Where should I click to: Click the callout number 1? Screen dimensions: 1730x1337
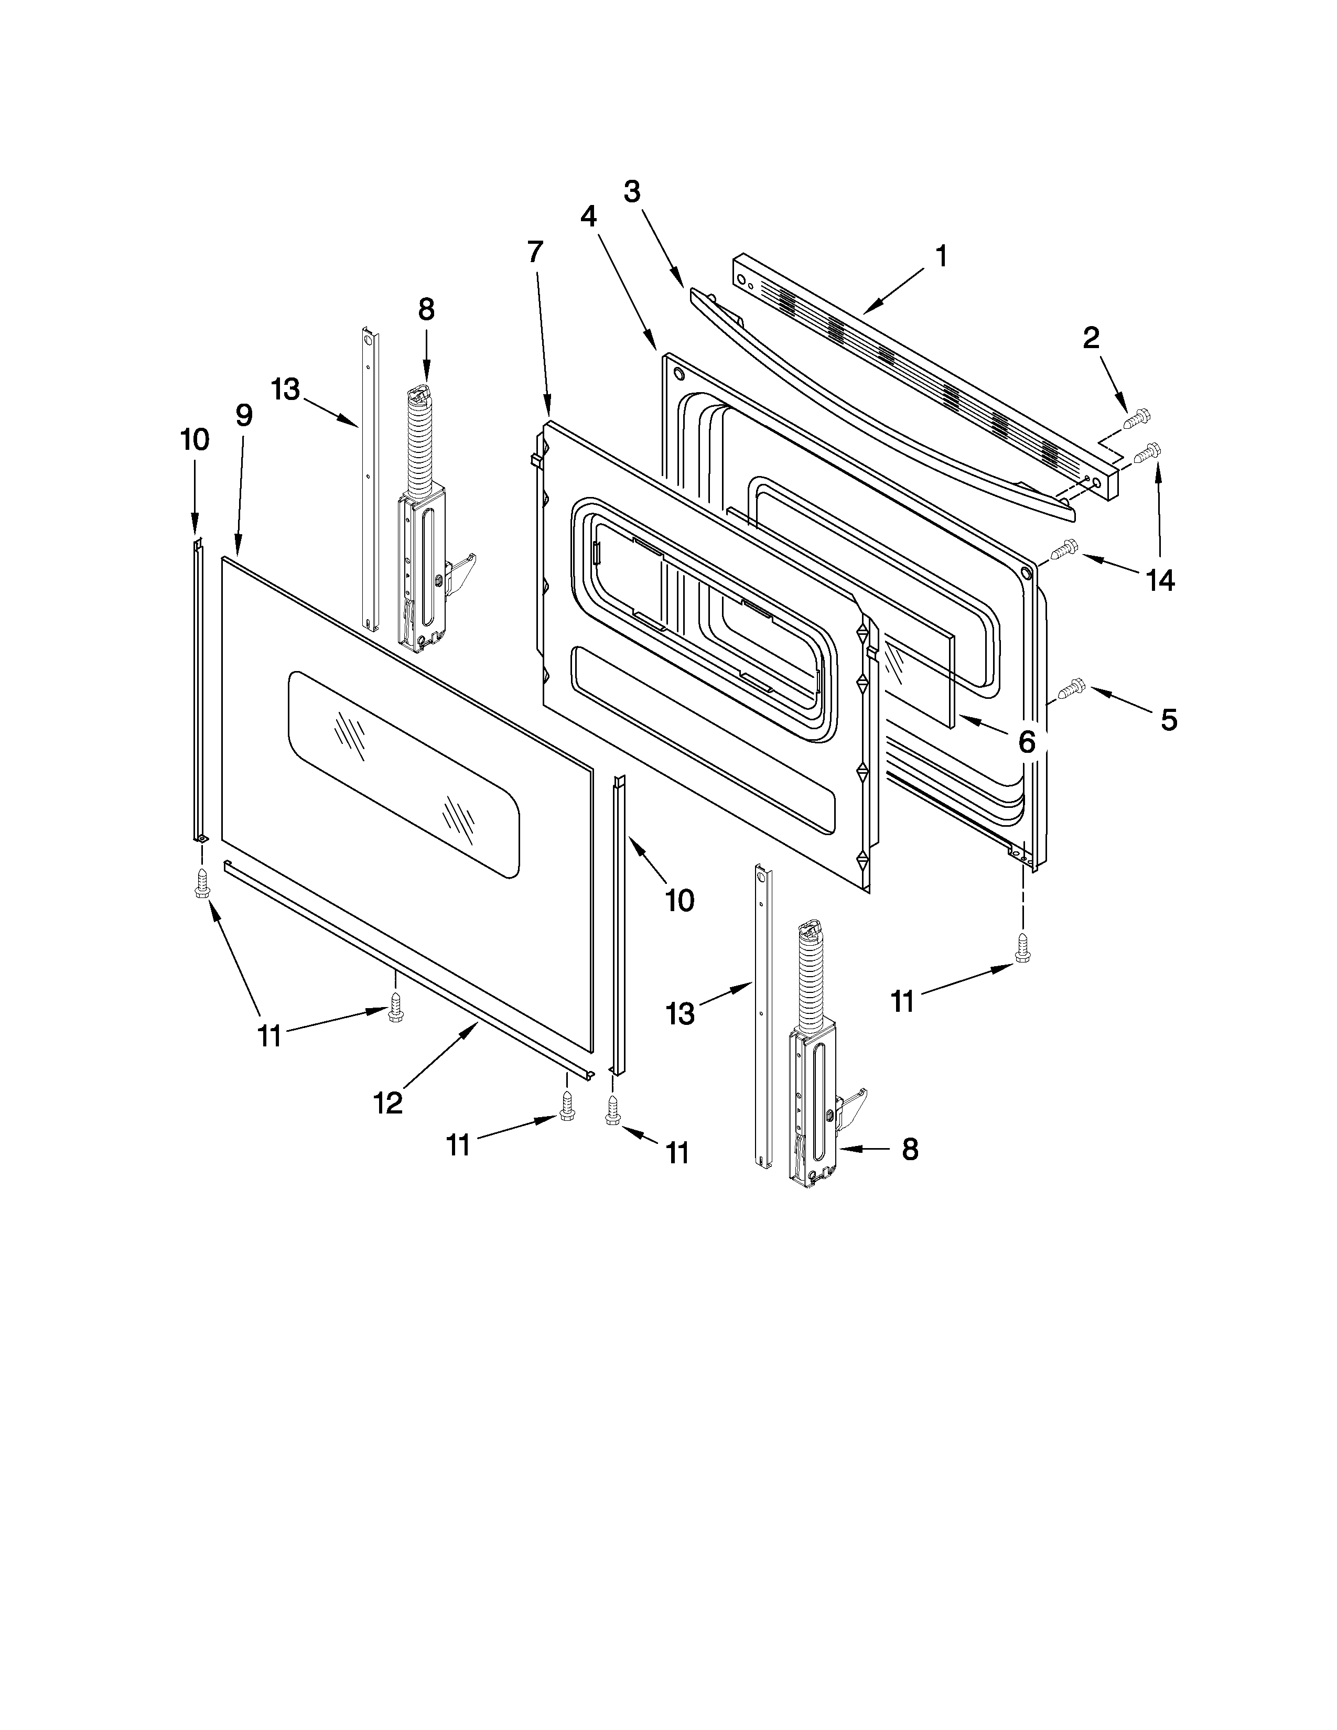click(941, 256)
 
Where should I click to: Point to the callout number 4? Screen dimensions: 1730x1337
click(588, 215)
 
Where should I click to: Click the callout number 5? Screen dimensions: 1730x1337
click(1168, 719)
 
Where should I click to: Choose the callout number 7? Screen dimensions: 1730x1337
click(535, 252)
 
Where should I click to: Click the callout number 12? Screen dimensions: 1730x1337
click(388, 1102)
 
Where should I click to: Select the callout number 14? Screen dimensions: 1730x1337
click(1160, 581)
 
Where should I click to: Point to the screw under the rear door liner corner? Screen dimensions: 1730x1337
click(1022, 947)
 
